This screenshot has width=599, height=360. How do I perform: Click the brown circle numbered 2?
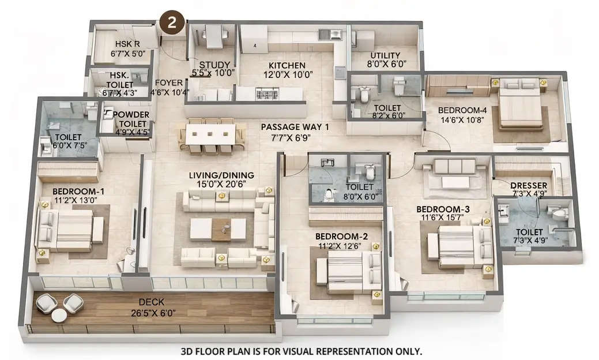(x=172, y=23)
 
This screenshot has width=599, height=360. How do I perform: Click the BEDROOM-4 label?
(x=458, y=110)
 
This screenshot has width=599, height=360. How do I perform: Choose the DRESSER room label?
(x=525, y=185)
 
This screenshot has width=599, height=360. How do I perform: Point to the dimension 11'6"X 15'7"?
(x=440, y=217)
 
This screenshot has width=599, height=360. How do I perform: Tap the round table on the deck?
(x=59, y=315)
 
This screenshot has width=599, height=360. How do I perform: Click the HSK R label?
(x=127, y=43)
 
